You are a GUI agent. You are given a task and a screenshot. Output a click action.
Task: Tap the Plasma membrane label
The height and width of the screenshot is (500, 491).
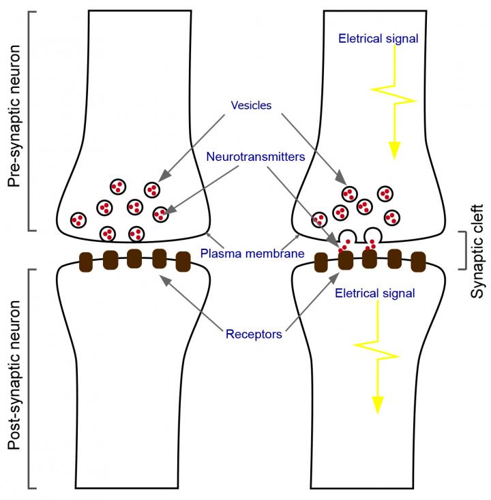(x=252, y=254)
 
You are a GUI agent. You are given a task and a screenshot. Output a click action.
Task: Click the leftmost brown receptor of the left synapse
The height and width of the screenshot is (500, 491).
(x=87, y=261)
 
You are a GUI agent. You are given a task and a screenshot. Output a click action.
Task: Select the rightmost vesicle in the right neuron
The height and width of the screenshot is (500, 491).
(x=391, y=217)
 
